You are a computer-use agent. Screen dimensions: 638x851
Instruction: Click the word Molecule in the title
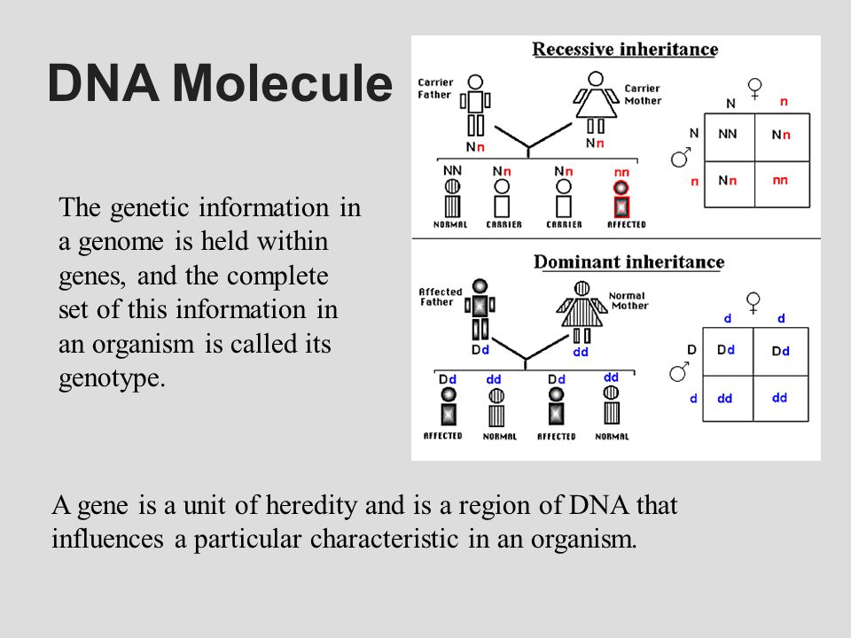(x=282, y=84)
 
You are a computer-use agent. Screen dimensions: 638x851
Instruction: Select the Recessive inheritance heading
(x=624, y=50)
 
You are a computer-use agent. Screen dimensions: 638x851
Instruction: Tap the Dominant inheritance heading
(x=628, y=262)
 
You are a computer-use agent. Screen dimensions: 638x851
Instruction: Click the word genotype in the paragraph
(x=111, y=378)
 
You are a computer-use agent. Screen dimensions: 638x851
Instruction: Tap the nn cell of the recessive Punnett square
(x=780, y=180)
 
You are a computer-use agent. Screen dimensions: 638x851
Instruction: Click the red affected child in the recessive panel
(x=621, y=198)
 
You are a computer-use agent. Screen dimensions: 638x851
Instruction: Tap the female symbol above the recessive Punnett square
(x=754, y=88)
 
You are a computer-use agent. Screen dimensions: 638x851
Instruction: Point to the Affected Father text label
(x=440, y=296)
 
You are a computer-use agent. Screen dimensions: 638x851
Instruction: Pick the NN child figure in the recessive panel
(x=452, y=198)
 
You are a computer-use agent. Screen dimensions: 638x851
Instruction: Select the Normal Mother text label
(x=628, y=301)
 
